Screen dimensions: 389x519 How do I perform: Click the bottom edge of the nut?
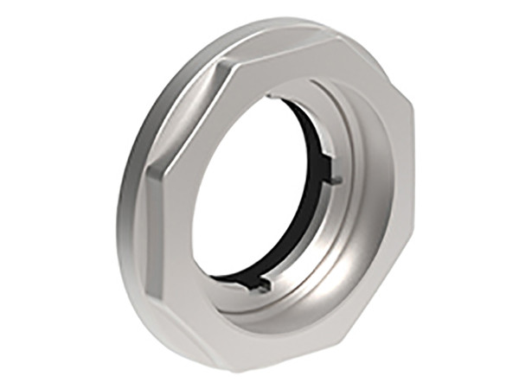click(x=259, y=367)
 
